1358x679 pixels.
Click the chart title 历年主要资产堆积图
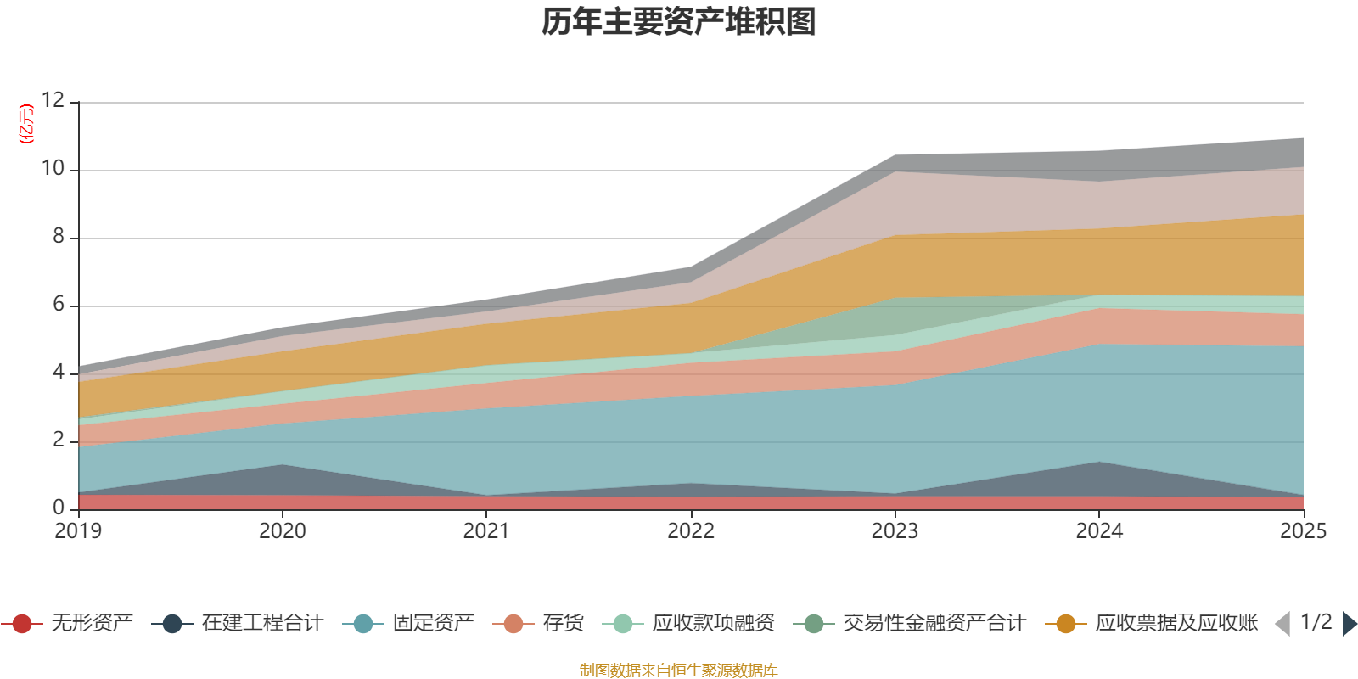679,22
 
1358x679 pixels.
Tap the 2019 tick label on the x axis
78,531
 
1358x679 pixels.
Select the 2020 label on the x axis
282,531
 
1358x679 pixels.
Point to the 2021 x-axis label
486,531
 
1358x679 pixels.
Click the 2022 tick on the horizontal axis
691,531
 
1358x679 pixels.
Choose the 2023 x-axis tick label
895,531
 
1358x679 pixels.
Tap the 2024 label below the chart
1099,531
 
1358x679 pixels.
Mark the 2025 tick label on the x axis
1303,531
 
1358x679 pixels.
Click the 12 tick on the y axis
53,100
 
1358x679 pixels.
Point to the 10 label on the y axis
53,169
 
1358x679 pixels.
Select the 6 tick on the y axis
59,305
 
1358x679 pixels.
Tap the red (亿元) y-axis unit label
26,124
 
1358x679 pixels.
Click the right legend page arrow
1349,624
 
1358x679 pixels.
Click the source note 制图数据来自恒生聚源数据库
679,671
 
